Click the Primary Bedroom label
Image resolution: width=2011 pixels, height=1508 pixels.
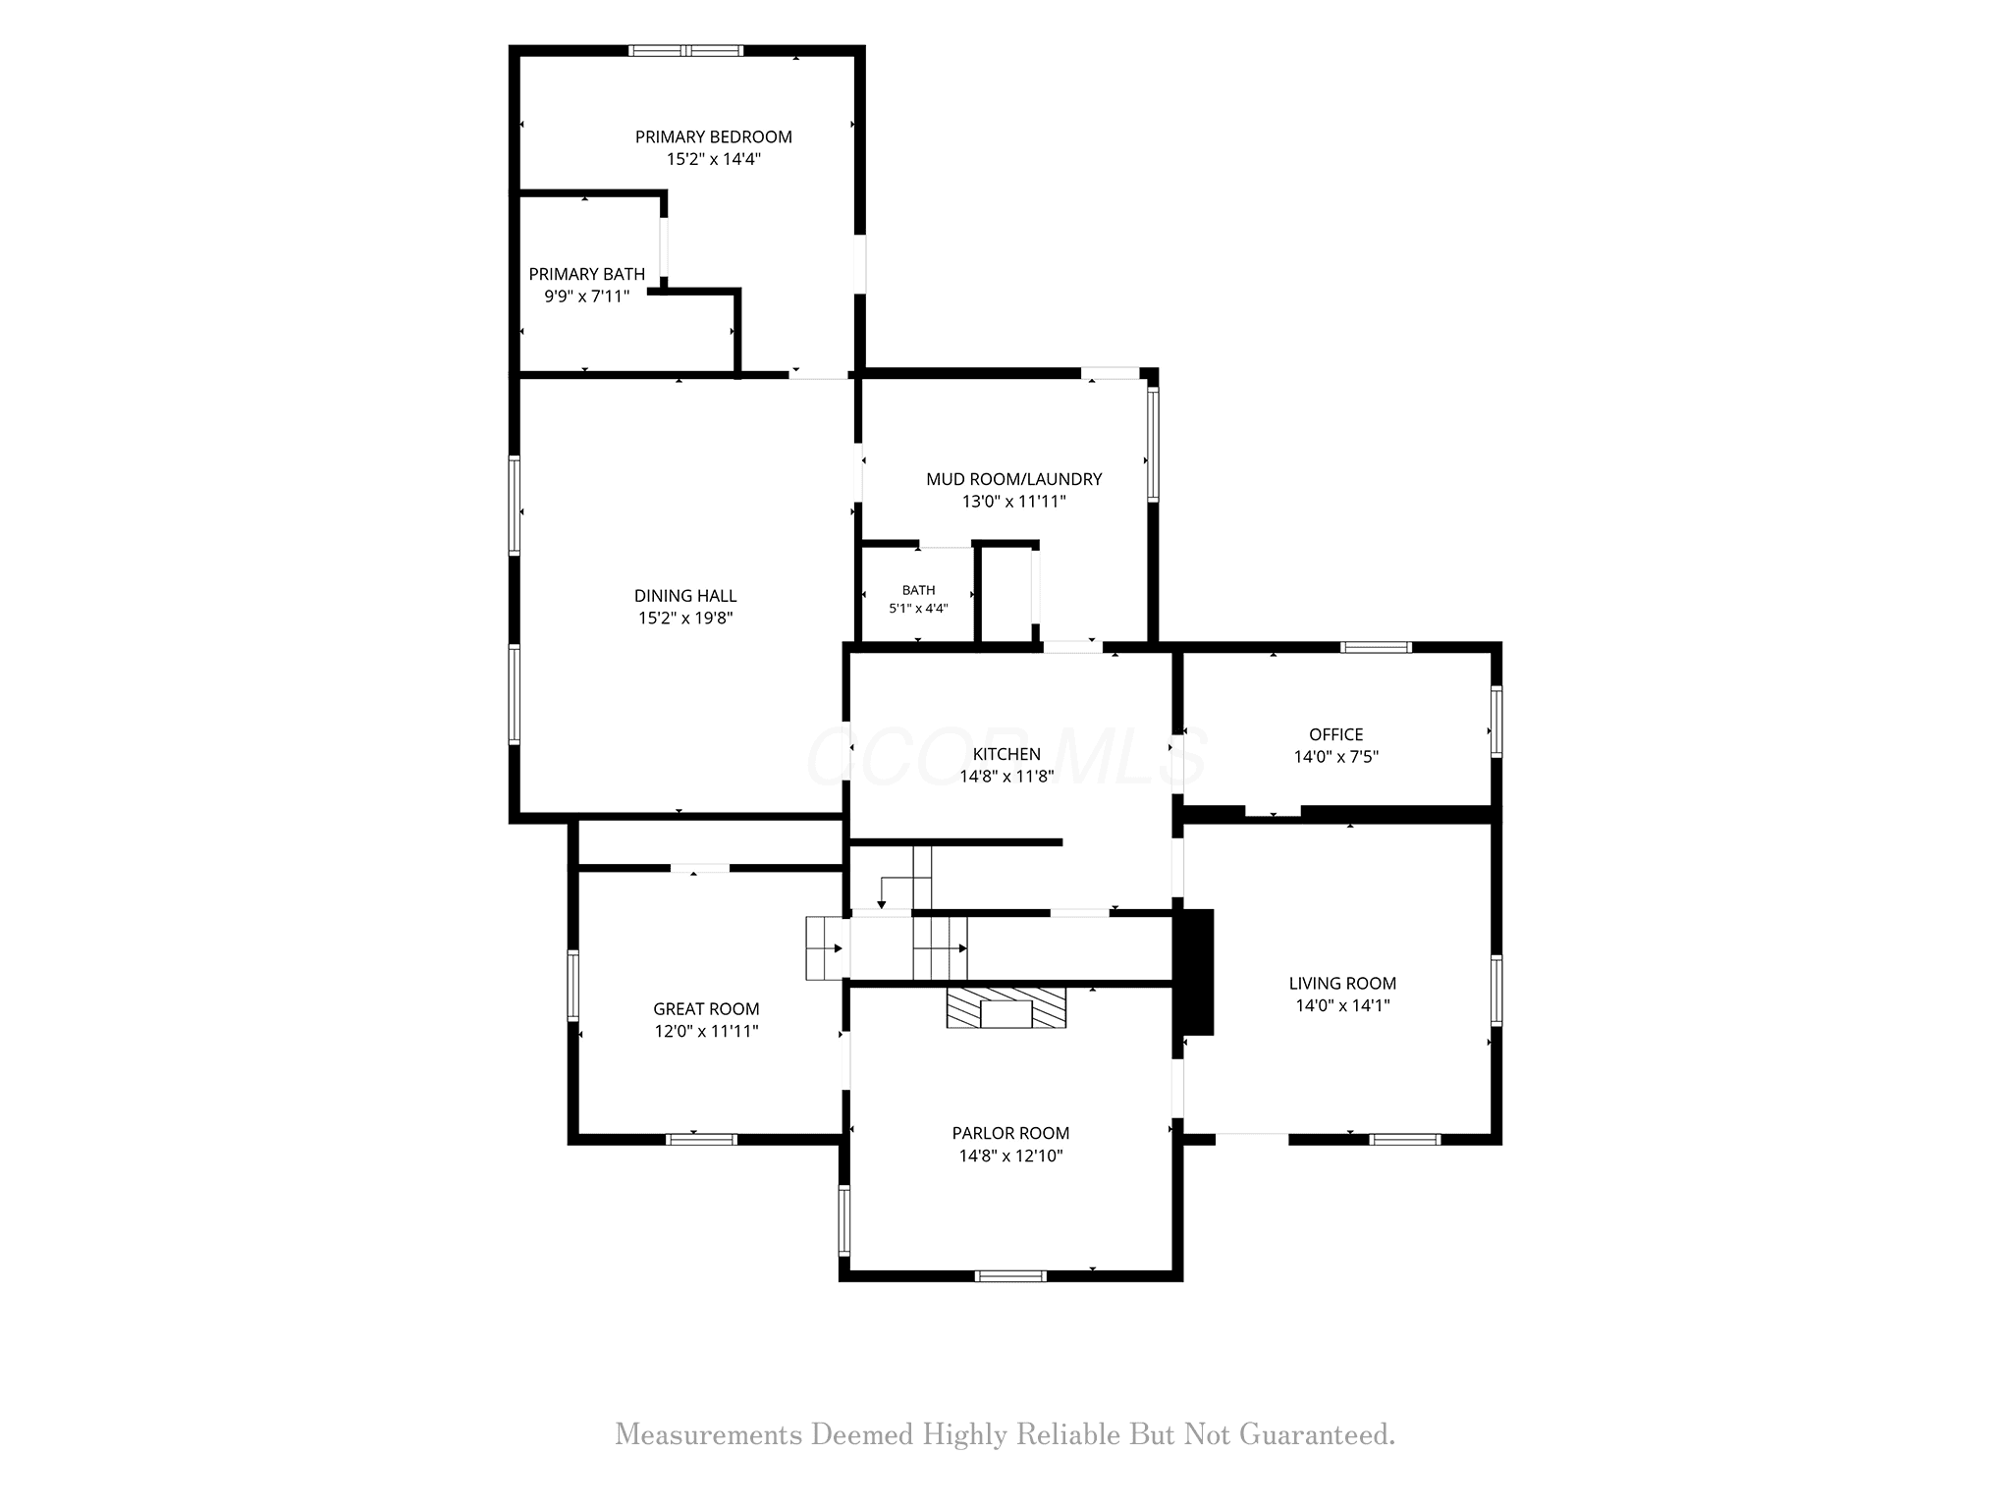[x=713, y=136]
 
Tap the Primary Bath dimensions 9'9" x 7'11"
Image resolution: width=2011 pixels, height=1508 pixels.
[x=587, y=296]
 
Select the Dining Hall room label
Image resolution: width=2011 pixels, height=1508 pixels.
[x=685, y=595]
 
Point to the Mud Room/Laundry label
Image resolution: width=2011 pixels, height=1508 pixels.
[x=1014, y=479]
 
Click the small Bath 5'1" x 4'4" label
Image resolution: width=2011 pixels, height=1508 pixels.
[x=918, y=599]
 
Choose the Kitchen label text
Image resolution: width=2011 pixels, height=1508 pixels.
[x=1006, y=754]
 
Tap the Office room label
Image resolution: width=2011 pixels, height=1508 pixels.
[x=1336, y=734]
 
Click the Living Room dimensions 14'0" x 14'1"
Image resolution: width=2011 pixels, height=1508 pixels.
[x=1342, y=1005]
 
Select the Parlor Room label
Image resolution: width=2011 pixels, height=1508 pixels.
[x=1010, y=1133]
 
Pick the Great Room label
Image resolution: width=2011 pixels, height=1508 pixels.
[x=706, y=1008]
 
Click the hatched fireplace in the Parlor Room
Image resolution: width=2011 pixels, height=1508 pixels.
[x=1006, y=1008]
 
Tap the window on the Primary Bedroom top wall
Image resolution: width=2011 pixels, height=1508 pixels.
[x=686, y=51]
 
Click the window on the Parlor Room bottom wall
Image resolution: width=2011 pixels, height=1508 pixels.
[x=1010, y=1276]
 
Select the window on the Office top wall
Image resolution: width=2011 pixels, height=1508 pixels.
[x=1377, y=647]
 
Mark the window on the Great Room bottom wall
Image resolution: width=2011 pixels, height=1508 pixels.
[x=701, y=1140]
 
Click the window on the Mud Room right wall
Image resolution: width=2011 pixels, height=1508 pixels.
[x=1153, y=445]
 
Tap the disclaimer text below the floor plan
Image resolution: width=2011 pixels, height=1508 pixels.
[x=1005, y=1434]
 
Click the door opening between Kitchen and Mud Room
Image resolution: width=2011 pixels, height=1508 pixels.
[x=1072, y=647]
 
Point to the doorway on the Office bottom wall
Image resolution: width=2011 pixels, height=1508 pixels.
[x=1273, y=812]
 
